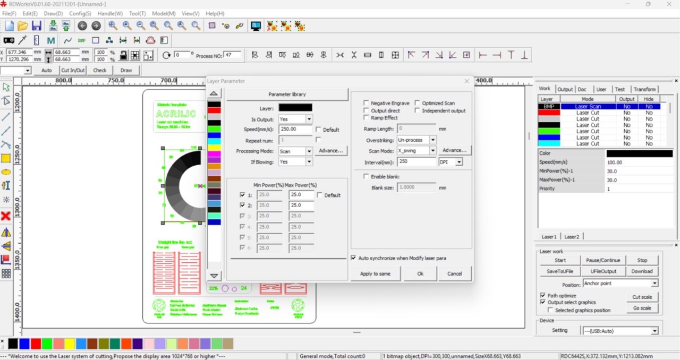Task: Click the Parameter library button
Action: (x=287, y=95)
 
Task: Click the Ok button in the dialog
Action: (x=420, y=273)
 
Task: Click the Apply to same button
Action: (x=375, y=273)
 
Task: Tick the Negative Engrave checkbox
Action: (x=367, y=103)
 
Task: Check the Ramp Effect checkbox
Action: (x=367, y=118)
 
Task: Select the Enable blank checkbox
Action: (x=367, y=176)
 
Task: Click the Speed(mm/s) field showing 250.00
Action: (x=295, y=129)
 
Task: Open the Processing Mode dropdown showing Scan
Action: (x=309, y=151)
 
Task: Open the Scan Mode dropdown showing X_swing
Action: (x=433, y=151)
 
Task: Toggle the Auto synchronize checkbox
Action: (x=354, y=258)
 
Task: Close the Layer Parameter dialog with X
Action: (x=466, y=81)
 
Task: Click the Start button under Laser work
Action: (x=560, y=260)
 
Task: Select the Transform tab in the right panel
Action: (x=644, y=89)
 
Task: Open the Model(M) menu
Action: (x=164, y=13)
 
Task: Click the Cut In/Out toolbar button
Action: (x=73, y=70)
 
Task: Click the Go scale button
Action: (x=642, y=308)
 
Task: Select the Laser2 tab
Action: (x=572, y=236)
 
